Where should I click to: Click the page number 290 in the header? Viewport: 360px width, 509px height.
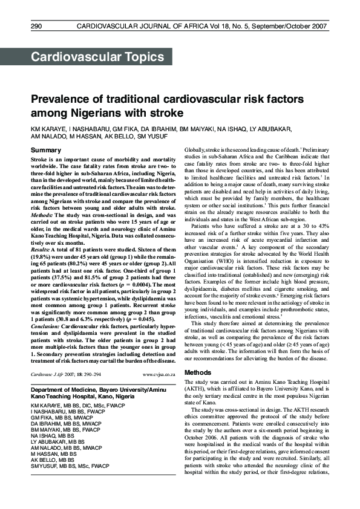click(x=36, y=27)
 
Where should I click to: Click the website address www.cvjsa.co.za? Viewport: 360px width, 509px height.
click(x=159, y=375)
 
